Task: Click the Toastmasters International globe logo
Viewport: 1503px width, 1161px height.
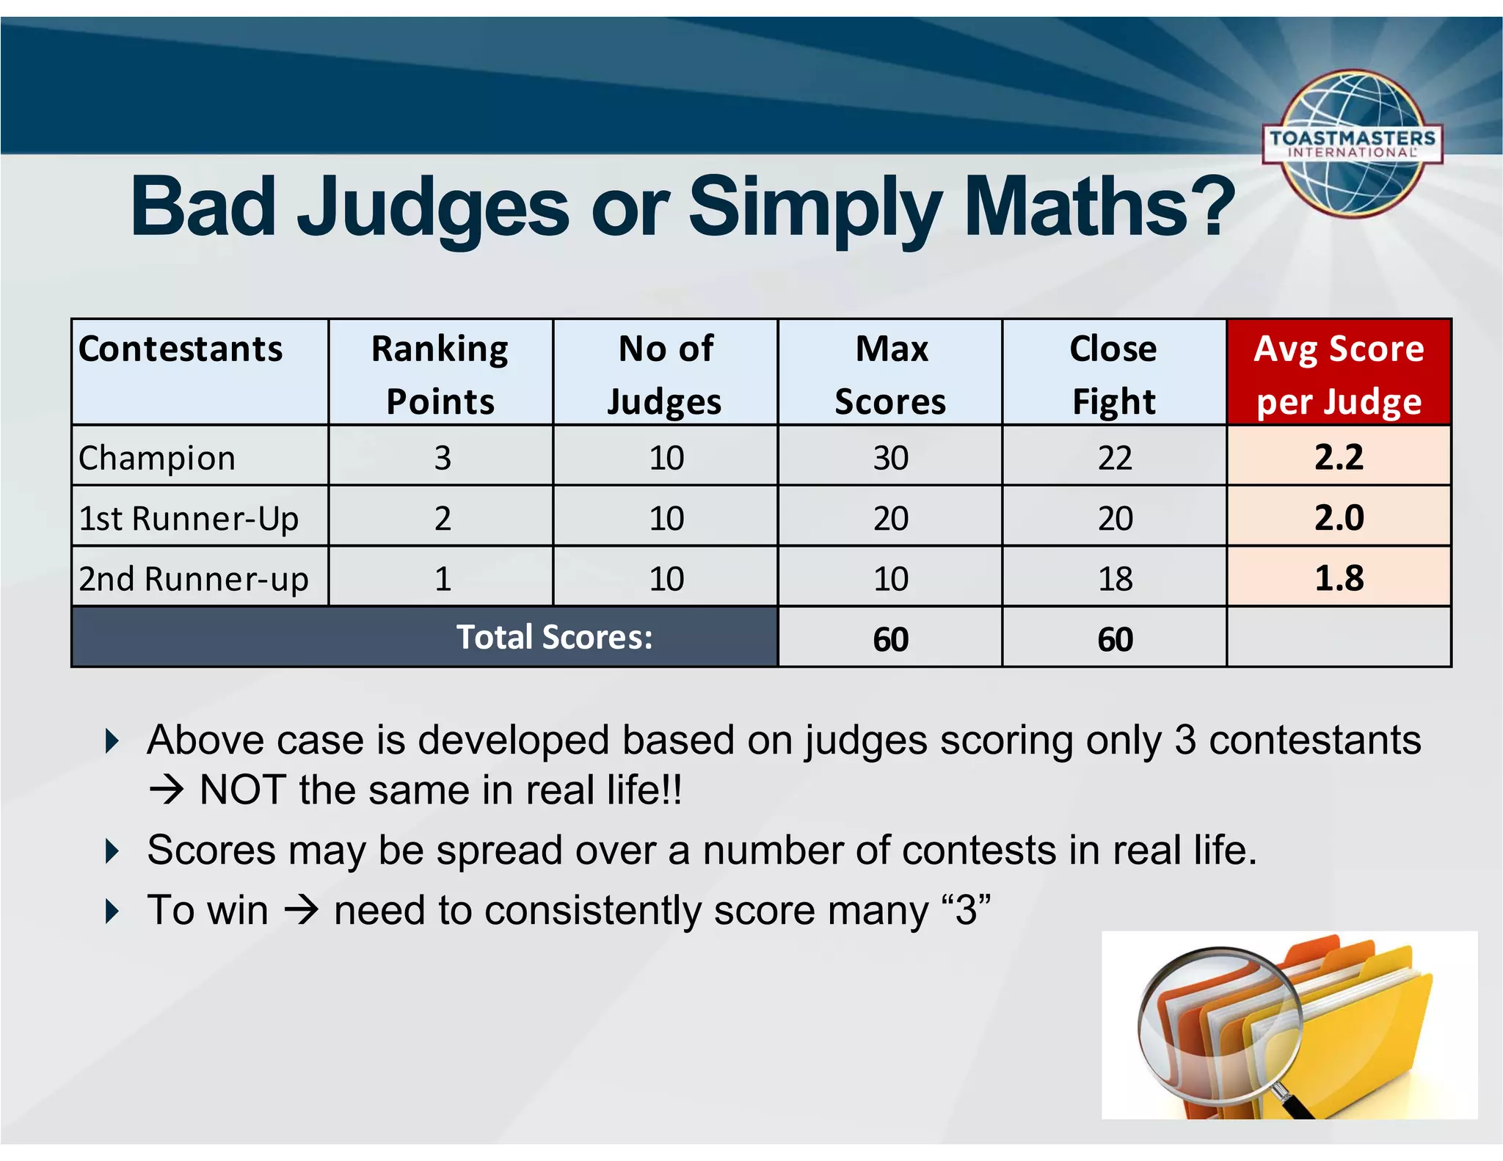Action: [1353, 145]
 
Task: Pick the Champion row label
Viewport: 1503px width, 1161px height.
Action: [157, 458]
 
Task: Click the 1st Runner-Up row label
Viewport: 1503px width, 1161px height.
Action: [189, 518]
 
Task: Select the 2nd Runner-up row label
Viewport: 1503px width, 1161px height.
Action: [193, 578]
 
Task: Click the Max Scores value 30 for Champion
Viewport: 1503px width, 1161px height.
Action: [890, 458]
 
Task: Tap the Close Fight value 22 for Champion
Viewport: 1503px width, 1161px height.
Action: [1115, 458]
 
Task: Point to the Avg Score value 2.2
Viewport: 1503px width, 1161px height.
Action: [1339, 457]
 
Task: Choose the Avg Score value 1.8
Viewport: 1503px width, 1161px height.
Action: [1339, 578]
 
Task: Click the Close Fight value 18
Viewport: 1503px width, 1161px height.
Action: [1115, 579]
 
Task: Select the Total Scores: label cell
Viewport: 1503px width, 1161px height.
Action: [554, 637]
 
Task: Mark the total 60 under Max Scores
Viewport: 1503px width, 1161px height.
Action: [890, 639]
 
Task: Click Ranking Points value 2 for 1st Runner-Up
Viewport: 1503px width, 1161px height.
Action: [442, 518]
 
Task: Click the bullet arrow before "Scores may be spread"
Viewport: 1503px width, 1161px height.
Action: [112, 851]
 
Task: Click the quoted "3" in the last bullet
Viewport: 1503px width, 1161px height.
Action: [966, 910]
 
